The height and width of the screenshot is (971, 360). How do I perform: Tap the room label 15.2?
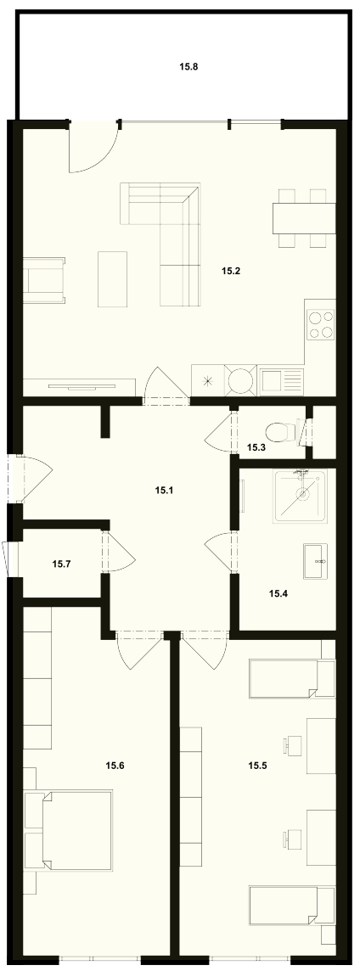tap(230, 271)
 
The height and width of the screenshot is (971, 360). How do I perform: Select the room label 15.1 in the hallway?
tap(164, 491)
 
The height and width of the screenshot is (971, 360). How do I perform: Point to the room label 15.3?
tap(256, 446)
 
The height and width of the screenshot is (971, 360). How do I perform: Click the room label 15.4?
tap(278, 593)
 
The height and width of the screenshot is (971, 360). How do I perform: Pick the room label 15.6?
tap(115, 766)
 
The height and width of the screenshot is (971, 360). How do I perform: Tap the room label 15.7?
tap(61, 564)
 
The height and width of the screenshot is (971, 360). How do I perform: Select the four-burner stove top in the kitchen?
tap(320, 324)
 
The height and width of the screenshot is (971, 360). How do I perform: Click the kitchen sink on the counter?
tap(281, 380)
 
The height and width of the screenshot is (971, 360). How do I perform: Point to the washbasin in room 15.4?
tap(315, 561)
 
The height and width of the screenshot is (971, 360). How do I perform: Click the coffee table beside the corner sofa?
tap(112, 278)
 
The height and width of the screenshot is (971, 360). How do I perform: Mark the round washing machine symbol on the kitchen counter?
tap(240, 379)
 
